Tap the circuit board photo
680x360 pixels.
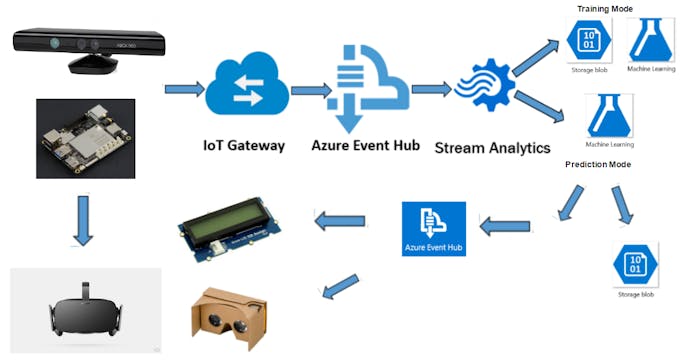[86, 138]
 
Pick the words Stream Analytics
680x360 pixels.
[492, 148]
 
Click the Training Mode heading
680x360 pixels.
[604, 9]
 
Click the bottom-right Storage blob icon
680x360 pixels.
[635, 264]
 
